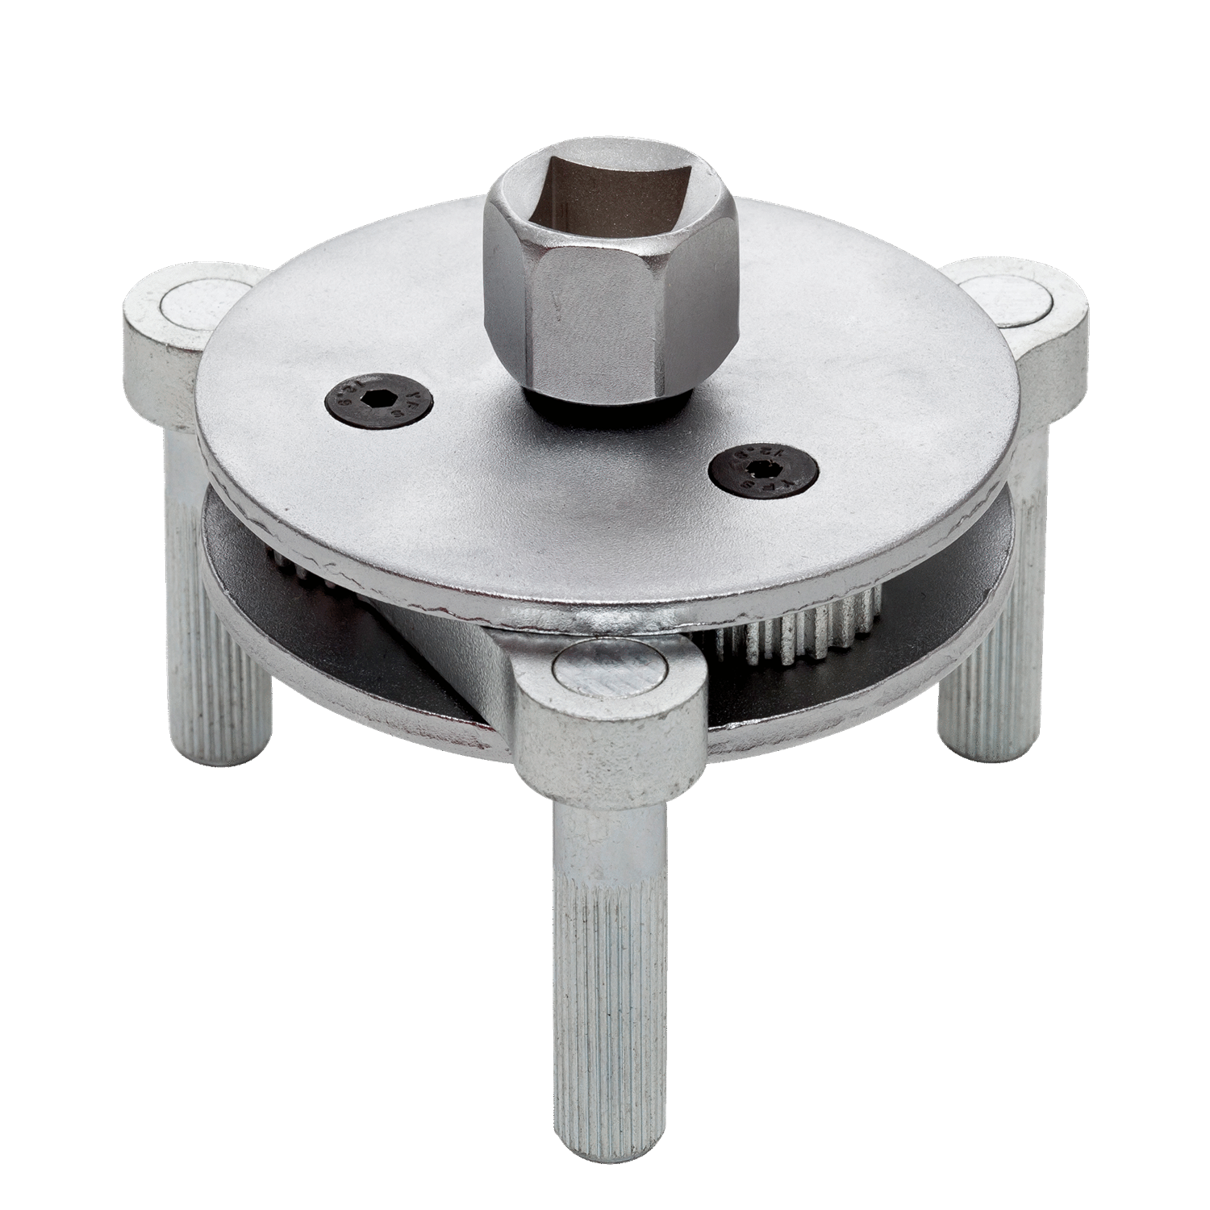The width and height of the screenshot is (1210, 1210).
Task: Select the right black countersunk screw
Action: (x=761, y=471)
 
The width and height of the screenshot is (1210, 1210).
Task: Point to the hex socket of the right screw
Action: (x=761, y=471)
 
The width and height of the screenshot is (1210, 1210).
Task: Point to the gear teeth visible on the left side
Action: (x=290, y=565)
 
